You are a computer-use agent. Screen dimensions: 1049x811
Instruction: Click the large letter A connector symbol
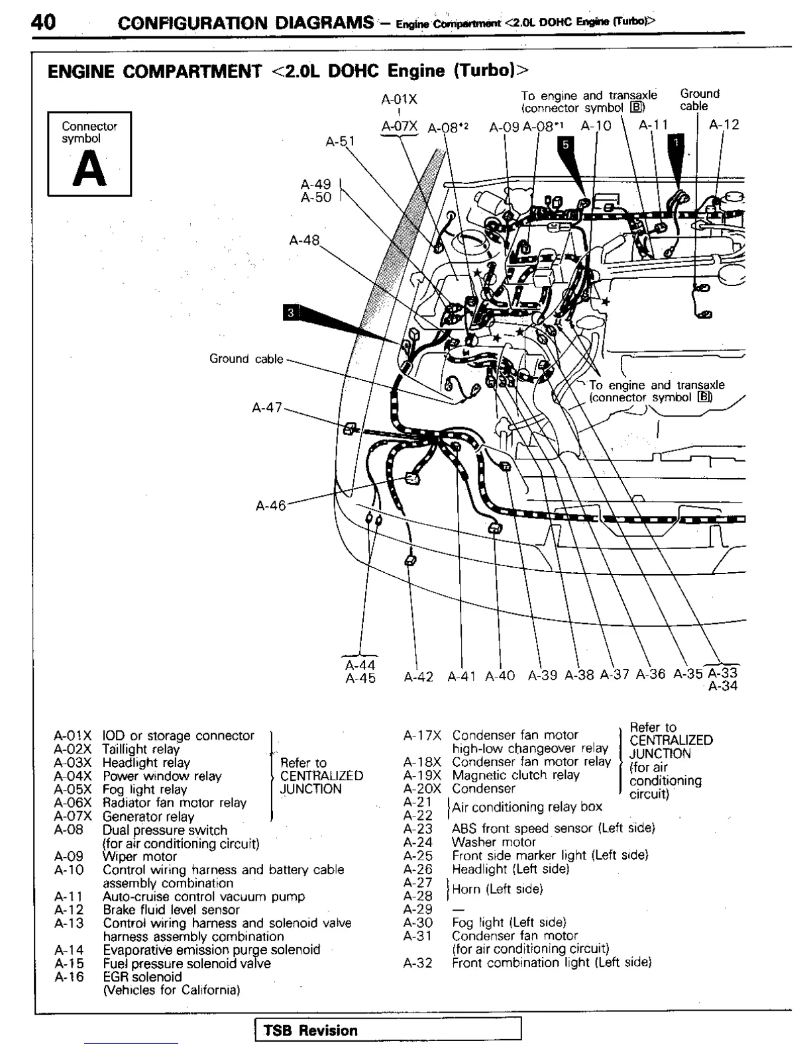[x=89, y=170]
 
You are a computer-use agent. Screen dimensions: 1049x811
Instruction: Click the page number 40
[x=43, y=22]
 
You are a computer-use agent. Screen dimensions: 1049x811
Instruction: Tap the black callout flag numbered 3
[x=291, y=312]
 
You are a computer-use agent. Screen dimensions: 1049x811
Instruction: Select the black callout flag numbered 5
[x=565, y=144]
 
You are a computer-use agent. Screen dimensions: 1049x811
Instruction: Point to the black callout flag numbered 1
[x=676, y=142]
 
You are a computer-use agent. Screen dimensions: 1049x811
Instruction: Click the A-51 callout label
[x=340, y=141]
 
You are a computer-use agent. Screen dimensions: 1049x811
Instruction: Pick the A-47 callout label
[x=267, y=407]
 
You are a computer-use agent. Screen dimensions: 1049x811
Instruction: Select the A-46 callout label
[x=270, y=505]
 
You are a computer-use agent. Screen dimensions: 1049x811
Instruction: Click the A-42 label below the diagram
[x=418, y=676]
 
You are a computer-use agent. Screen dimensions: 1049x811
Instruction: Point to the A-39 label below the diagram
[x=543, y=675]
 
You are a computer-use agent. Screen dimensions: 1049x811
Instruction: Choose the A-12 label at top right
[x=724, y=125]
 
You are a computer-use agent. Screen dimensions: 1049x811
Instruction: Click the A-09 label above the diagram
[x=504, y=126]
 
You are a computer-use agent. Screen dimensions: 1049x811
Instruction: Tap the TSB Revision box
[x=388, y=1030]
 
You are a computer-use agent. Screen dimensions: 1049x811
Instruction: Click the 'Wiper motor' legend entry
[x=140, y=856]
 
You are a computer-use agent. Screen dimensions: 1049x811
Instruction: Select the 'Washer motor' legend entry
[x=494, y=842]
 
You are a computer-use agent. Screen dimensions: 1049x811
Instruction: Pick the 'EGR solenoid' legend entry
[x=142, y=977]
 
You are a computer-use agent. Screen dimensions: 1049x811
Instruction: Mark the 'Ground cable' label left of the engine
[x=246, y=359]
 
